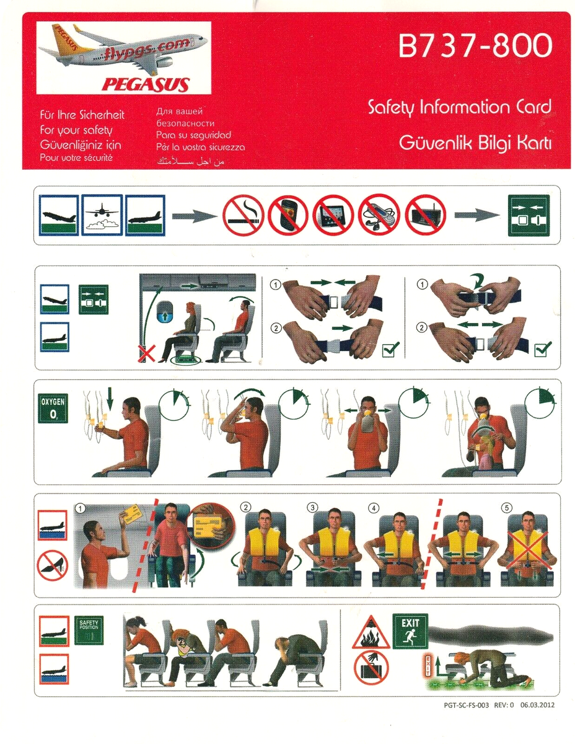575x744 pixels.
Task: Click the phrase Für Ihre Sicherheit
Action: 82,115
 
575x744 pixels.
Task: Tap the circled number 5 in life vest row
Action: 507,508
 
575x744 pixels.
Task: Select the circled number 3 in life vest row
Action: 313,508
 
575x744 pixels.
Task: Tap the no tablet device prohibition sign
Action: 333,215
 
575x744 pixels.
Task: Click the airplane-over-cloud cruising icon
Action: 101,215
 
